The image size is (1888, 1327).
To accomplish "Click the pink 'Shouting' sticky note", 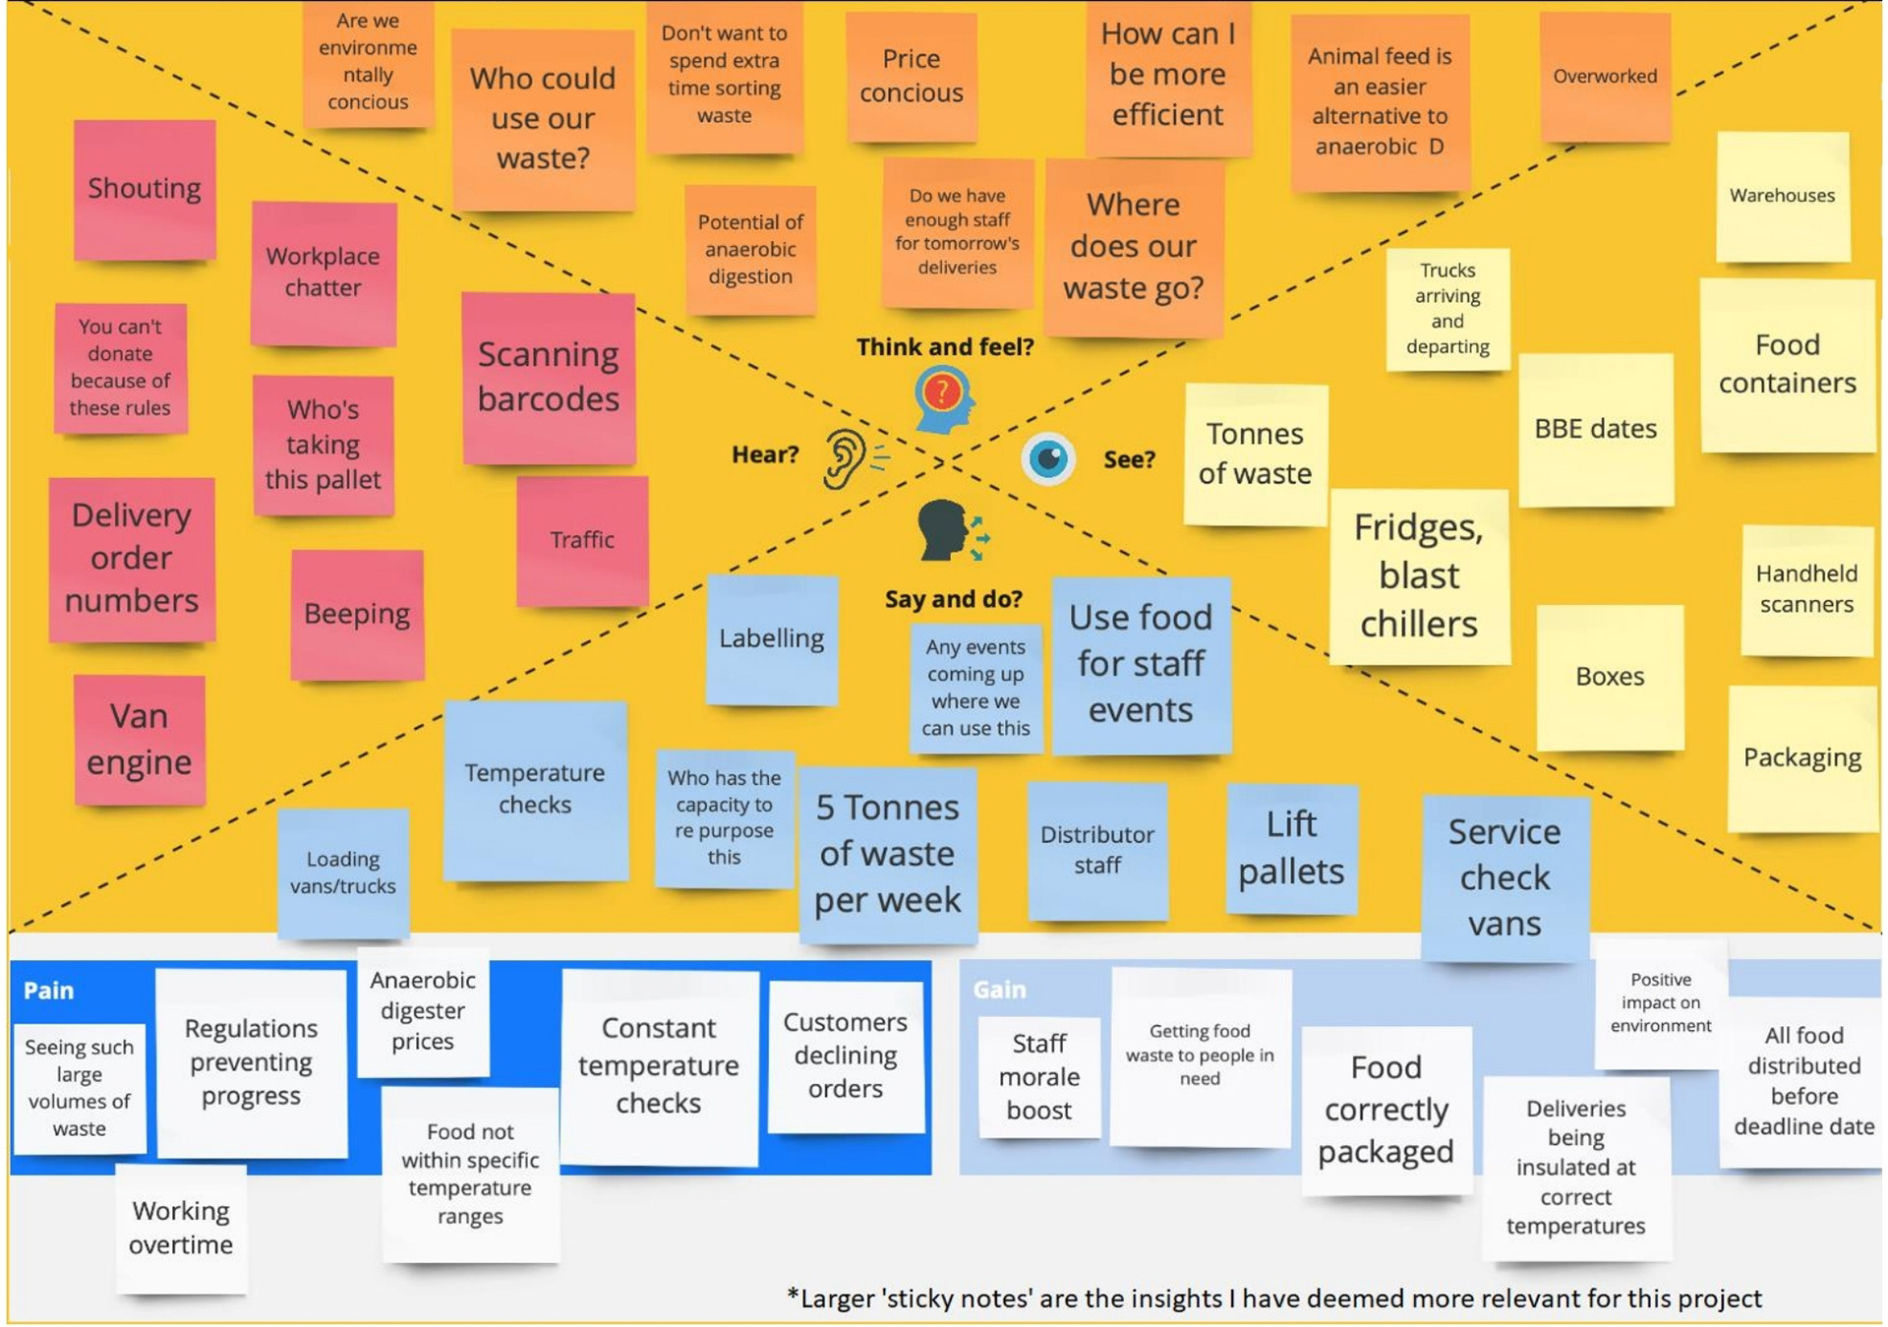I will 145,189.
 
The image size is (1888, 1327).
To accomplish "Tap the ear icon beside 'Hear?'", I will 845,458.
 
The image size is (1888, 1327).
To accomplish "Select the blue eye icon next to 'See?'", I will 1048,458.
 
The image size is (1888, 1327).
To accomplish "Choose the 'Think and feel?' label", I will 944,347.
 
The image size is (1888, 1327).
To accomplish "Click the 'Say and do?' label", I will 953,599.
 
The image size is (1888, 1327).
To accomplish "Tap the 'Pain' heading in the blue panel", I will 48,991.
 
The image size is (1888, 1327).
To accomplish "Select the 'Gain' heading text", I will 999,990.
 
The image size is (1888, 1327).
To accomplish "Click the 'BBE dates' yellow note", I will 1595,430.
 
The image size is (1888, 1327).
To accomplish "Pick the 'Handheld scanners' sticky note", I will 1806,589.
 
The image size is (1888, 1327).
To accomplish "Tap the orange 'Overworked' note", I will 1605,77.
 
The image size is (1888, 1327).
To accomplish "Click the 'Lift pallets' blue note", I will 1291,848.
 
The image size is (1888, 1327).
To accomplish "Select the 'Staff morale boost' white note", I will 1039,1076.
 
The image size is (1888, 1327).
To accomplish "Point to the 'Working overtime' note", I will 181,1228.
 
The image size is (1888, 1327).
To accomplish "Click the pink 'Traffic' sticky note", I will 582,540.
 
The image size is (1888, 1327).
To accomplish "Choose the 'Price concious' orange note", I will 912,76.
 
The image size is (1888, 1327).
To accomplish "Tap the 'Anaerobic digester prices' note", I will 423,1010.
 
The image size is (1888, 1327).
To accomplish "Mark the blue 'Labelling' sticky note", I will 772,638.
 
